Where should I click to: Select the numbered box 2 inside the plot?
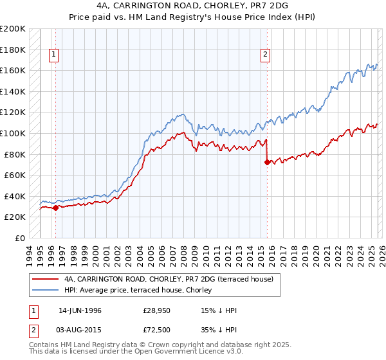265,55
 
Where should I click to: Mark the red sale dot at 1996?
56,208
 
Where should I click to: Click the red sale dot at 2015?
266,162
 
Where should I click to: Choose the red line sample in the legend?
45,279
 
